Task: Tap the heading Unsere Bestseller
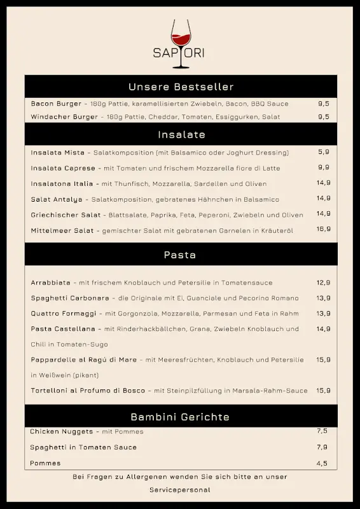181,87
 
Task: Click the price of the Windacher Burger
324,116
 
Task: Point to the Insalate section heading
181,135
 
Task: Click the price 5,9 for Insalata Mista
324,152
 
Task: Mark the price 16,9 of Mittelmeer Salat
324,229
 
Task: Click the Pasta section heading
180,255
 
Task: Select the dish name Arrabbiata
52,282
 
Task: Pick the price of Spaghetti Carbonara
324,298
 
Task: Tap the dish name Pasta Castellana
63,329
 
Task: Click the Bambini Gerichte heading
180,417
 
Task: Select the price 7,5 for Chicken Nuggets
322,431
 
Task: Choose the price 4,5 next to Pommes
322,463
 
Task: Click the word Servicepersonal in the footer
180,491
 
